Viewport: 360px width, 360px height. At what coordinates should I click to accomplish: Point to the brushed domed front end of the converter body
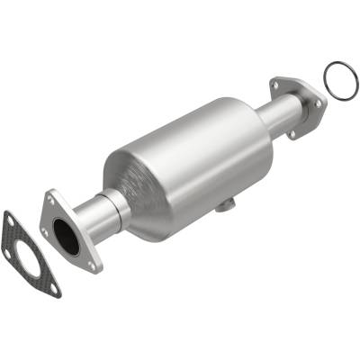135,189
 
